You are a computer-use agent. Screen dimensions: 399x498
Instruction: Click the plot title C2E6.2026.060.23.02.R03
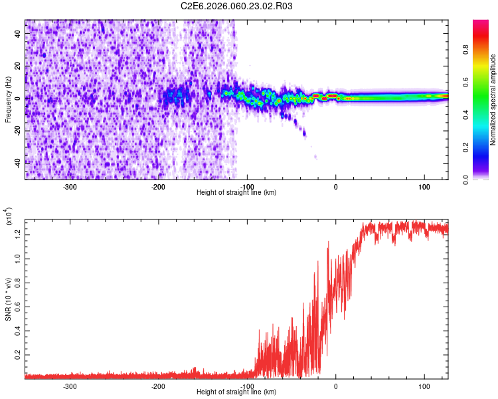coord(237,6)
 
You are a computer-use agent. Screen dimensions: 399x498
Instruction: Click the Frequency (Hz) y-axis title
coord(8,99)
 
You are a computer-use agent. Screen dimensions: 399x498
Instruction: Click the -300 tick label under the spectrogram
coord(70,186)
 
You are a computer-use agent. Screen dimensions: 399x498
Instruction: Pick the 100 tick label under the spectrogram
coord(424,186)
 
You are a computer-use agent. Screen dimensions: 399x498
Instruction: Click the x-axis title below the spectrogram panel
coord(236,193)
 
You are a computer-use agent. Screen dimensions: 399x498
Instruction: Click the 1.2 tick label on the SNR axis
coord(17,233)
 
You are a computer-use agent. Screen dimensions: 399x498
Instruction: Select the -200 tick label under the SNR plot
coord(158,386)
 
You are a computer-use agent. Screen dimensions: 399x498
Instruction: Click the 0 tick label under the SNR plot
coord(335,386)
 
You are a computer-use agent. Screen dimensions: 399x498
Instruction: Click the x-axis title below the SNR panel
coord(236,392)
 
